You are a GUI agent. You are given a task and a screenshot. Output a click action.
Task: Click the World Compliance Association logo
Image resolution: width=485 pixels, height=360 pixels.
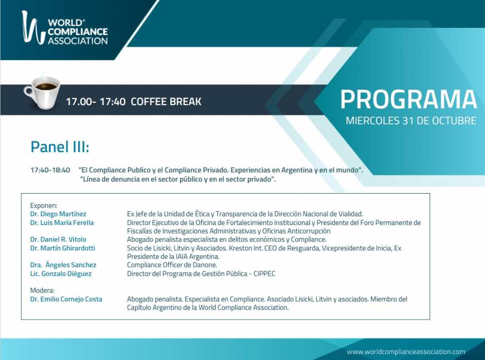click(65, 28)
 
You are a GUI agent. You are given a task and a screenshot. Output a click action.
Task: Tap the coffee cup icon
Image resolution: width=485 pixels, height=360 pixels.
click(42, 92)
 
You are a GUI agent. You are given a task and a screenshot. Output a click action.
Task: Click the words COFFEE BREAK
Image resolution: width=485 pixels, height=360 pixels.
click(166, 102)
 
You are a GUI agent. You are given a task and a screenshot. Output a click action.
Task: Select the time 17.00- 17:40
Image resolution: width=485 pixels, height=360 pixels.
click(95, 102)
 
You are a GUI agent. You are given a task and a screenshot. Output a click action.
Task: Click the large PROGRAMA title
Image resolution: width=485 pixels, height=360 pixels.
click(409, 100)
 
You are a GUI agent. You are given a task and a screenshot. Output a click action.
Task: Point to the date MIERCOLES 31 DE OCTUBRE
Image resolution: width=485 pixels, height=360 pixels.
click(411, 120)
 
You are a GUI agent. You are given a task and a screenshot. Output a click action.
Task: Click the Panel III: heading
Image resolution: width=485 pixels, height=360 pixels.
click(60, 147)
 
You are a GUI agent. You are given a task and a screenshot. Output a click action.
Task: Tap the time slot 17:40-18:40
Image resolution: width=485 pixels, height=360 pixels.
click(50, 170)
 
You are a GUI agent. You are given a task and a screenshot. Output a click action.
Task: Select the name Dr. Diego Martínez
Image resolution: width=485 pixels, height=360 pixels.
click(58, 214)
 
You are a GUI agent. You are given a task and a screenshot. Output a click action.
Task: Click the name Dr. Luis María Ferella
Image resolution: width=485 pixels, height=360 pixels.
click(62, 222)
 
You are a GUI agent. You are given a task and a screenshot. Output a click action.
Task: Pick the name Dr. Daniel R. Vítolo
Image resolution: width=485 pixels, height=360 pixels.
click(58, 239)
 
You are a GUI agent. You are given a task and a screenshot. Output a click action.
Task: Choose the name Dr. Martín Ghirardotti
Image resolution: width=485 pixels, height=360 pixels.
click(63, 248)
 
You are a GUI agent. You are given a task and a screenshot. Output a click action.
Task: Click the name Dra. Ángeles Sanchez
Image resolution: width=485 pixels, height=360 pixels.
click(63, 264)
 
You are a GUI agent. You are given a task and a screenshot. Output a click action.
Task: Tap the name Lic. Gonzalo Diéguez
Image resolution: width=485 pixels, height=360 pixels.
click(61, 274)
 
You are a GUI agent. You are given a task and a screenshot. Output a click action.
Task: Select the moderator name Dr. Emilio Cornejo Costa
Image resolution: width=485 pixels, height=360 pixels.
click(66, 299)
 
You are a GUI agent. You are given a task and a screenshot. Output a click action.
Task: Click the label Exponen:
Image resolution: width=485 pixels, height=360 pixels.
click(43, 206)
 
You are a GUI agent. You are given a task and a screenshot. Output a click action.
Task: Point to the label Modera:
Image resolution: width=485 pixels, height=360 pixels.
click(42, 290)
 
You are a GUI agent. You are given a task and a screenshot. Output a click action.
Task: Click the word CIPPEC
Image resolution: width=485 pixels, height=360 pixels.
click(264, 274)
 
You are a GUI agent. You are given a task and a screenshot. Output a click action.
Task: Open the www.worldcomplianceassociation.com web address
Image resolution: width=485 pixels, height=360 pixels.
click(406, 352)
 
